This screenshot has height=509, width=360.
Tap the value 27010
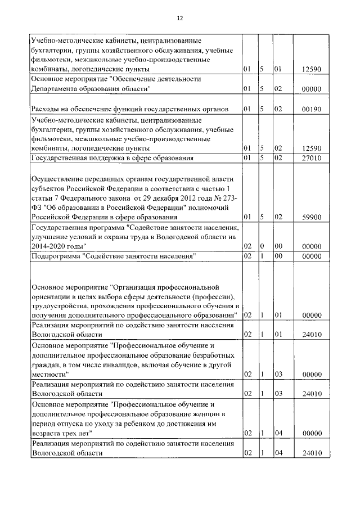(x=310, y=159)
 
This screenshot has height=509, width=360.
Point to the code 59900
(x=310, y=217)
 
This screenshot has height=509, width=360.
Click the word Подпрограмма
(x=55, y=256)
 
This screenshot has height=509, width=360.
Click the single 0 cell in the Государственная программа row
(x=262, y=246)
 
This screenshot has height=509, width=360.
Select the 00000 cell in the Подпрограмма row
(x=310, y=256)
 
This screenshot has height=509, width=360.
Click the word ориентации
(x=52, y=296)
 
